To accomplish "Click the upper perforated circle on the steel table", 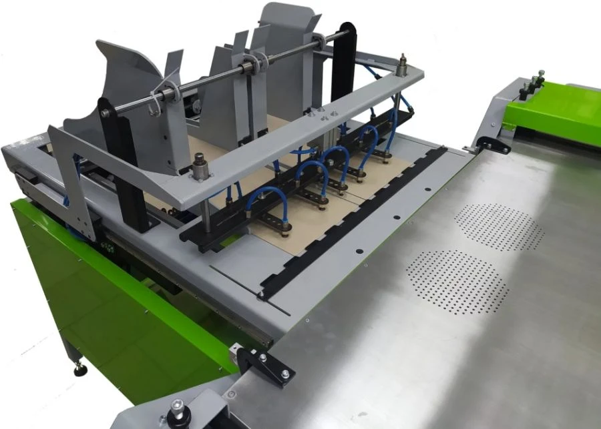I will pyautogui.click(x=499, y=228).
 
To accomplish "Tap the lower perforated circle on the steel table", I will pyautogui.click(x=457, y=281).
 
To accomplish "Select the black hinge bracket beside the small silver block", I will pyautogui.click(x=264, y=364).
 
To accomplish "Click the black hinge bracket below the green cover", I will pyautogui.click(x=492, y=144).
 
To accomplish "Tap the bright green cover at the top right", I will pyautogui.click(x=554, y=113).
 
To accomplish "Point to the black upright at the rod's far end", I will pyautogui.click(x=343, y=60).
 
